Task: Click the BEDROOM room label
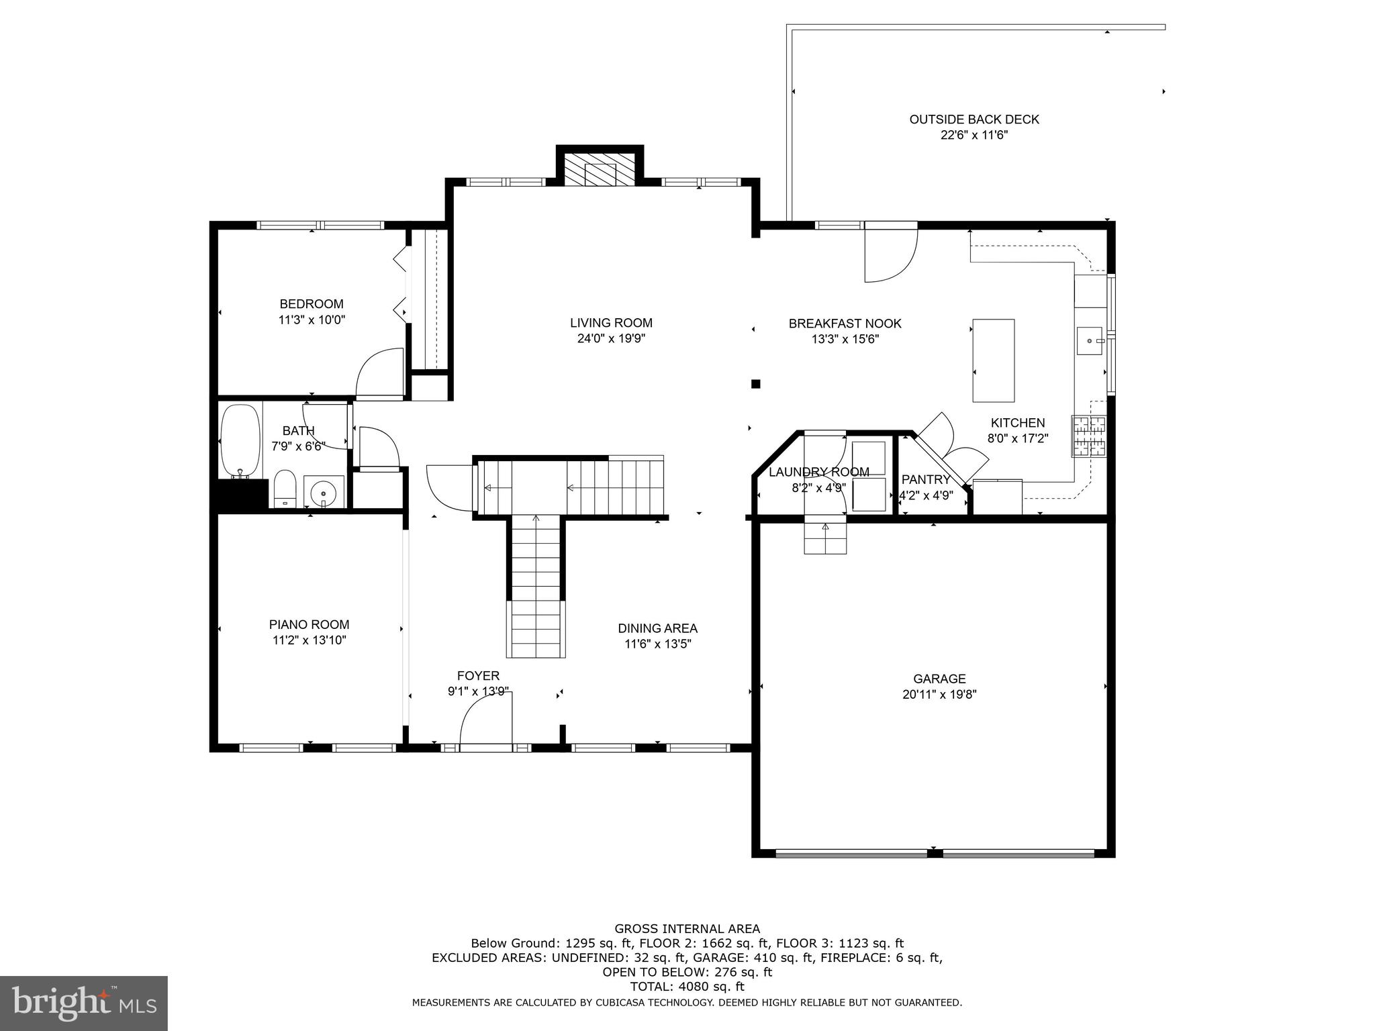click(311, 304)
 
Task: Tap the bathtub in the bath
click(240, 440)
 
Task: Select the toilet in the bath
click(285, 488)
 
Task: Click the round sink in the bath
click(324, 493)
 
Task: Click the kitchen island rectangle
click(993, 360)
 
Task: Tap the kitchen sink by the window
click(1090, 340)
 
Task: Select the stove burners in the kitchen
click(1088, 437)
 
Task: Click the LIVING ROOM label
click(611, 323)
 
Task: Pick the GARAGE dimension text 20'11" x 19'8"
click(939, 695)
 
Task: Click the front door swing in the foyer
click(485, 720)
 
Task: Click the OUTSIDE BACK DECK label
click(974, 119)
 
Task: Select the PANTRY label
click(925, 479)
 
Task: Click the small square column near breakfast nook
click(755, 384)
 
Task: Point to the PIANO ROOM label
click(309, 624)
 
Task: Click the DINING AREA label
click(657, 628)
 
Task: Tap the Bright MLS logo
click(84, 1003)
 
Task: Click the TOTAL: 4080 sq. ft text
click(687, 987)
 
